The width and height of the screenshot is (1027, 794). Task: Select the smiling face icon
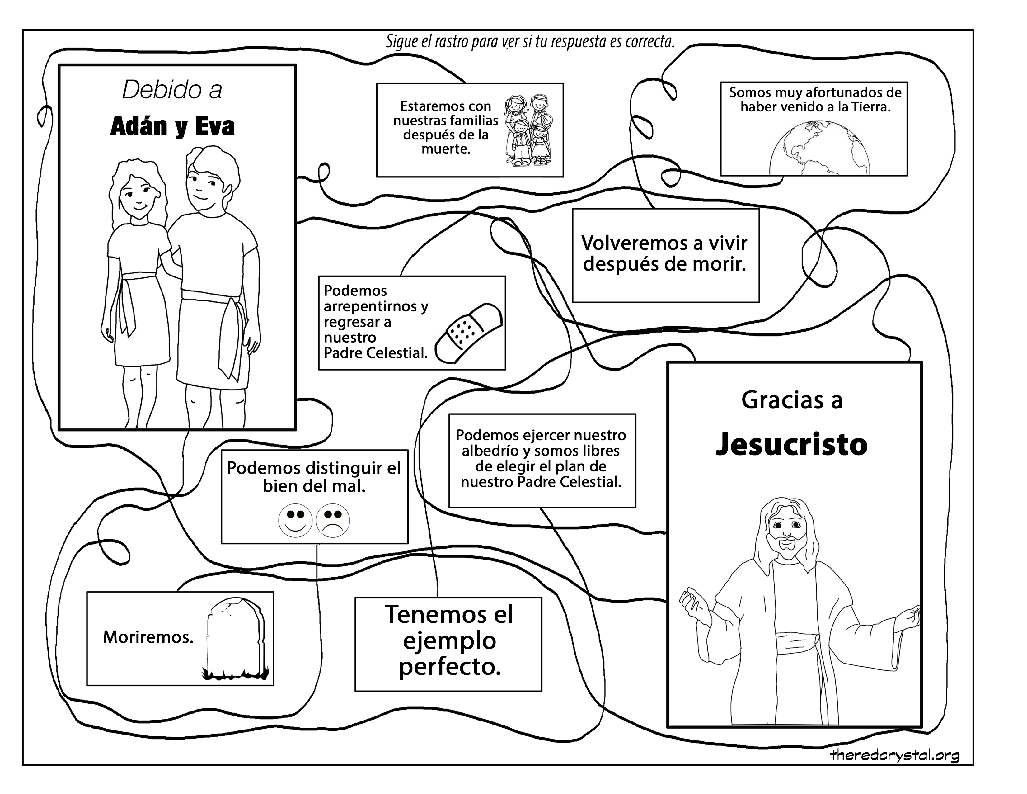(295, 520)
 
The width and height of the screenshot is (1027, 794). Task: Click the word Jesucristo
(791, 445)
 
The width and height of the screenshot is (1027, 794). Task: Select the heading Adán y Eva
(173, 126)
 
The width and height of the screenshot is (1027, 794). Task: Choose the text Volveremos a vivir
(664, 243)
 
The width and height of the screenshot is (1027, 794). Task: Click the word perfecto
(450, 667)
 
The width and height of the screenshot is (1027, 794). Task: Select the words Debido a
(172, 89)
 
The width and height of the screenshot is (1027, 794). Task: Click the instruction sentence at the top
(530, 42)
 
